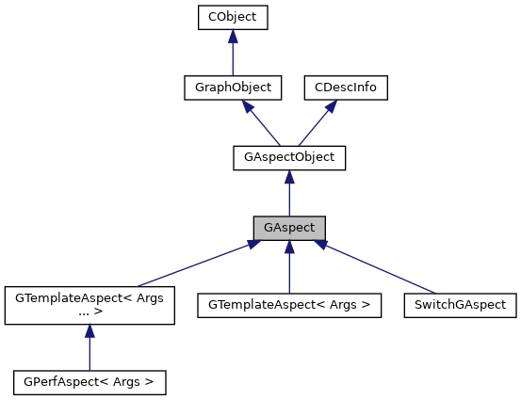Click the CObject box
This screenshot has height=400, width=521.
click(x=232, y=17)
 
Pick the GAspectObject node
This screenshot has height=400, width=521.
click(x=289, y=157)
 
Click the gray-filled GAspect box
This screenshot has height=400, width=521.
click(x=289, y=228)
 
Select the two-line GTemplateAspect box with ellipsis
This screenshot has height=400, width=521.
click(x=90, y=305)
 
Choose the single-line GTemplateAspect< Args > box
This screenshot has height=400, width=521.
click(x=289, y=305)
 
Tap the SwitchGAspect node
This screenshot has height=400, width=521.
click(x=461, y=305)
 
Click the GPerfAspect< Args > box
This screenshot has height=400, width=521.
click(x=90, y=382)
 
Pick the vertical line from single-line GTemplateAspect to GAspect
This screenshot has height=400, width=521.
click(x=289, y=271)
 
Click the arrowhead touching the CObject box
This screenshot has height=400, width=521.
click(x=232, y=36)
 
